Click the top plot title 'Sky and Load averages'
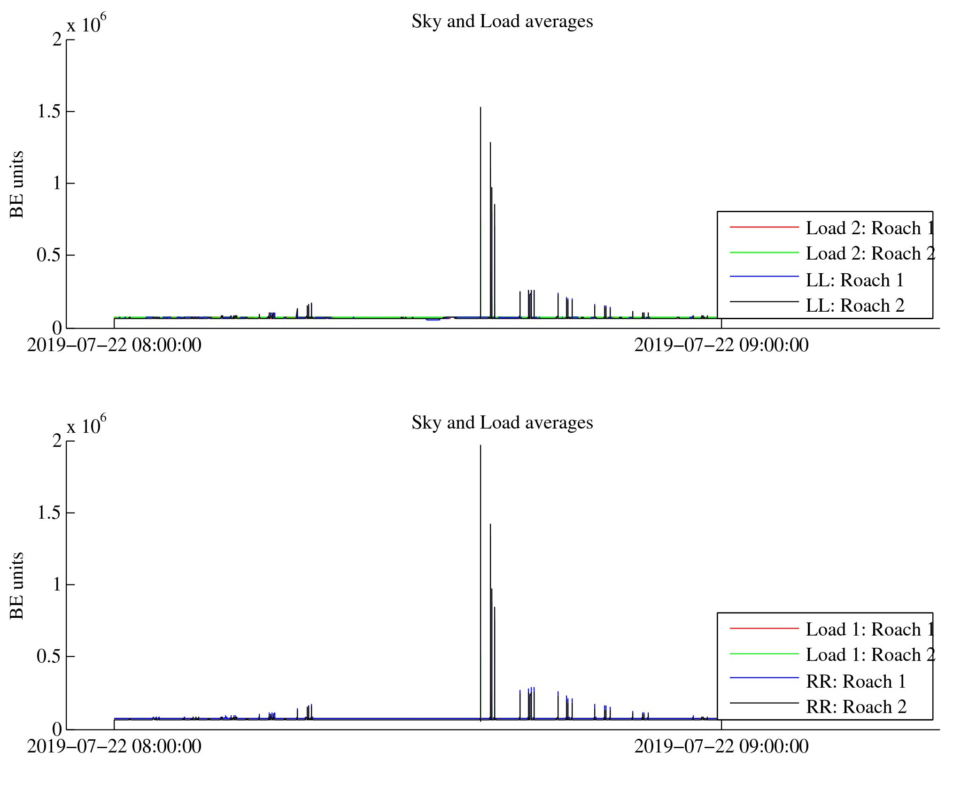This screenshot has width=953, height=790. pyautogui.click(x=502, y=22)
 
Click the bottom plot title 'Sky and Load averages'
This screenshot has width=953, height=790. pyautogui.click(x=502, y=423)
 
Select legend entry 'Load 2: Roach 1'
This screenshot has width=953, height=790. pyautogui.click(x=870, y=228)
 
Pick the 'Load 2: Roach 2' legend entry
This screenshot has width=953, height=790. pyautogui.click(x=870, y=253)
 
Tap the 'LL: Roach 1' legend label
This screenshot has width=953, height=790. pyautogui.click(x=855, y=280)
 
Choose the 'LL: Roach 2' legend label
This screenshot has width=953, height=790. pyautogui.click(x=855, y=306)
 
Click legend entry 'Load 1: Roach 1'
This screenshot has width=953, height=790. pyautogui.click(x=870, y=629)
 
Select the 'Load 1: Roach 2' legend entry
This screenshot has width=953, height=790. pyautogui.click(x=870, y=655)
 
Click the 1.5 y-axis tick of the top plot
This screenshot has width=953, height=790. pyautogui.click(x=49, y=112)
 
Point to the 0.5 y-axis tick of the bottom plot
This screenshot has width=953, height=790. pyautogui.click(x=49, y=656)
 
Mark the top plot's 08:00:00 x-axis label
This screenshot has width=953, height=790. pyautogui.click(x=114, y=345)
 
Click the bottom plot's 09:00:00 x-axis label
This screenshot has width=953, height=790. pyautogui.click(x=721, y=747)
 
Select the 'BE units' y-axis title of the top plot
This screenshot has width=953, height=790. pyautogui.click(x=17, y=184)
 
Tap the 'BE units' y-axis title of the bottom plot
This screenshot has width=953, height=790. pyautogui.click(x=17, y=586)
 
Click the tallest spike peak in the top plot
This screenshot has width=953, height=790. pyautogui.click(x=480, y=108)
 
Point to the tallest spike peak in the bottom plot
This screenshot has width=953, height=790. pyautogui.click(x=480, y=446)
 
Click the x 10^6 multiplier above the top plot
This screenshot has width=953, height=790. pyautogui.click(x=86, y=24)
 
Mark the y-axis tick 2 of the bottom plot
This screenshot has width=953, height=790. pyautogui.click(x=57, y=441)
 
